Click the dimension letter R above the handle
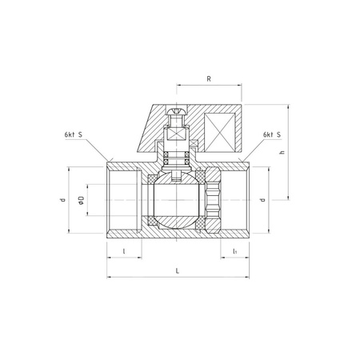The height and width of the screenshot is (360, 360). (209, 79)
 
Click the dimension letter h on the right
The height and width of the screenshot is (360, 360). (282, 152)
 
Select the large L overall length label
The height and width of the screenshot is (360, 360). (178, 271)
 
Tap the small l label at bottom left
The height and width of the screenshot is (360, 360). (124, 251)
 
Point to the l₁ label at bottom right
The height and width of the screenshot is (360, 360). (235, 251)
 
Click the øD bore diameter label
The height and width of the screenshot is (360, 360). (81, 200)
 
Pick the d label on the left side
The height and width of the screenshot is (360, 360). (63, 199)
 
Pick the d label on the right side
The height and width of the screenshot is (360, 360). (263, 199)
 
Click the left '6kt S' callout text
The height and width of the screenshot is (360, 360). (74, 134)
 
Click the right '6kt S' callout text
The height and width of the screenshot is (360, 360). (272, 134)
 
